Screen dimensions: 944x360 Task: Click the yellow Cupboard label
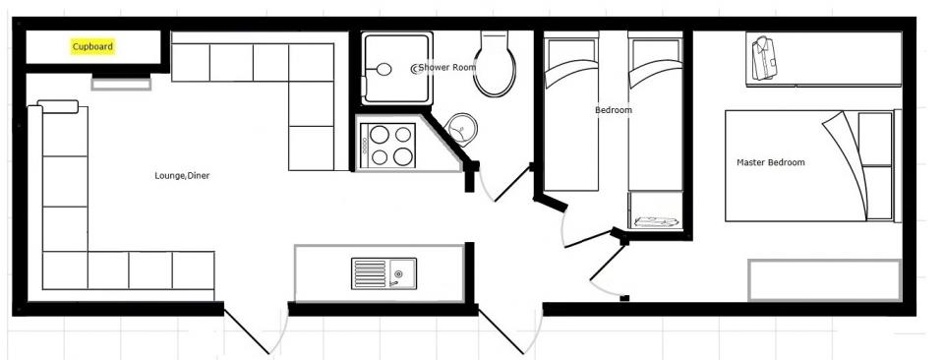[x=92, y=47]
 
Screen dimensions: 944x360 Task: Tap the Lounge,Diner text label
[x=182, y=176]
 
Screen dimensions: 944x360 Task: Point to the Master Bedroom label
[x=771, y=162]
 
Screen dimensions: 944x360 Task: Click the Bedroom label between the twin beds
[x=614, y=110]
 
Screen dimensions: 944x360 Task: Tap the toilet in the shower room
[x=495, y=63]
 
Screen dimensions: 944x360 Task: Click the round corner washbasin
[x=462, y=129]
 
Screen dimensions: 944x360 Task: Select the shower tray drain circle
[x=383, y=69]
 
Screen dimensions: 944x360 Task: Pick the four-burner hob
[x=387, y=145]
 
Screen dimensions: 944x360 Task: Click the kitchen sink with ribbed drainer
[x=383, y=273]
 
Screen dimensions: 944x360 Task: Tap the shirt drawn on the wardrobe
[x=764, y=58]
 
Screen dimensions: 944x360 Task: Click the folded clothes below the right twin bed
[x=656, y=221]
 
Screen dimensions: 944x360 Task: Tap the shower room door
[x=512, y=183]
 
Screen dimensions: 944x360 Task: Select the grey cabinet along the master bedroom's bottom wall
[x=824, y=280]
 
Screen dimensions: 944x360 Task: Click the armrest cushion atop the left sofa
[x=58, y=106]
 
